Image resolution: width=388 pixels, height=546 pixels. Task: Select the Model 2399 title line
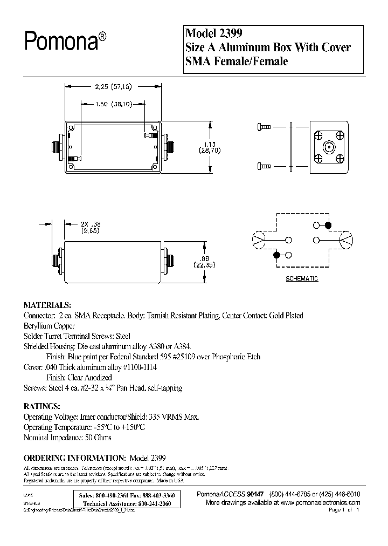coord(211,33)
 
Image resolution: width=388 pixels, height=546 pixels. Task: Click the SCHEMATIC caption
coord(301,278)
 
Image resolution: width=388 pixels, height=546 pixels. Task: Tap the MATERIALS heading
coord(47,305)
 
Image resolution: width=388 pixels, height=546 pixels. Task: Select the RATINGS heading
coord(42,406)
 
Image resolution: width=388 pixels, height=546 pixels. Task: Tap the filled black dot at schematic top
coord(327,225)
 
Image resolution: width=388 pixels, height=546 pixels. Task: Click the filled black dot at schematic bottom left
coord(277,254)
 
